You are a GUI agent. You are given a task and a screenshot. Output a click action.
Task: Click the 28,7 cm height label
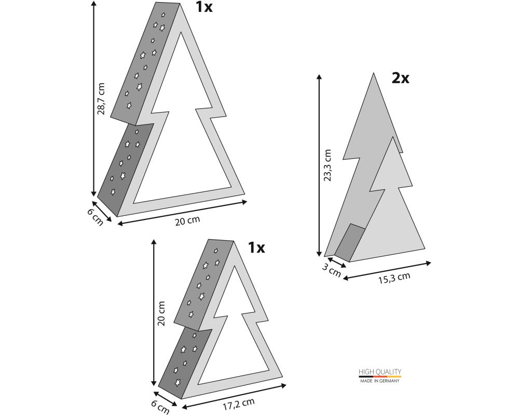pos(101,99)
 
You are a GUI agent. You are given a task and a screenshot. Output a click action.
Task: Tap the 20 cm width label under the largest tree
pos(187,221)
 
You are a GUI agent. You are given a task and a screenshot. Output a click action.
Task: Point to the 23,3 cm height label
pos(327,165)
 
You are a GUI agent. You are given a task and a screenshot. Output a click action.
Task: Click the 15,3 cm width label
pos(394,278)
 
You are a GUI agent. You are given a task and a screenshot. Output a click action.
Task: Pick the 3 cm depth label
pos(331,270)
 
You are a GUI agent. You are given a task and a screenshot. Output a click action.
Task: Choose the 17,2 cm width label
pos(238,404)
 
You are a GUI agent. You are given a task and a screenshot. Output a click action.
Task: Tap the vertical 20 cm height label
pos(161,313)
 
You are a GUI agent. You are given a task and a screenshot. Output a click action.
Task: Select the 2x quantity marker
pos(401,78)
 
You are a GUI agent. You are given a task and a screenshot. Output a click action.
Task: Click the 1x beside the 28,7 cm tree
pos(204,7)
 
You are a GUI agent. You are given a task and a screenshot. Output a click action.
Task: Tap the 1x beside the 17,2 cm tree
pos(256,247)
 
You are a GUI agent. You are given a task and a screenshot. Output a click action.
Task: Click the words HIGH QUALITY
pos(380,371)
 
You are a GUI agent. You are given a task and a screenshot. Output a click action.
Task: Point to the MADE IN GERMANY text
pos(380,381)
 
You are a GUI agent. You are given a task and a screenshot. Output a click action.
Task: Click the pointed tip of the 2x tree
pos(374,74)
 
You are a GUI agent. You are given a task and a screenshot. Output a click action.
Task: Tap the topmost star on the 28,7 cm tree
pos(163,15)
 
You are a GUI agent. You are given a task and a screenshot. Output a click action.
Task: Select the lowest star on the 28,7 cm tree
pos(113,191)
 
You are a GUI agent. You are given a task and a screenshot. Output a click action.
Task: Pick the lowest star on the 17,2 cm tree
pos(178,382)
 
